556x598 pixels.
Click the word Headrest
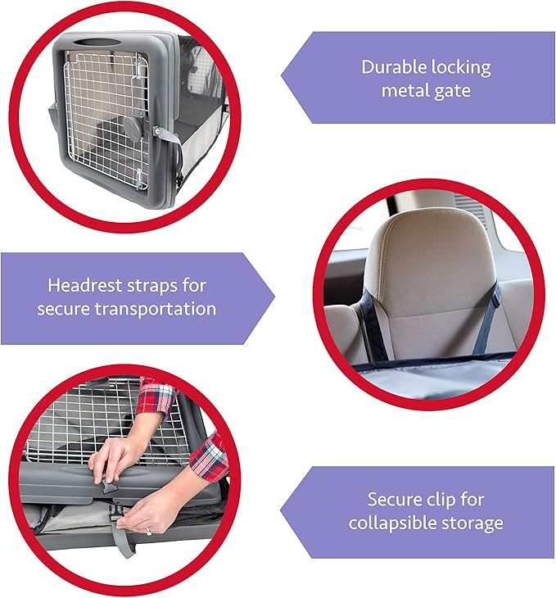[x=86, y=285]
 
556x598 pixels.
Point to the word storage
[x=474, y=523]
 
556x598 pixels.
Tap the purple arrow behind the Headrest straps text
[x=131, y=297]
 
